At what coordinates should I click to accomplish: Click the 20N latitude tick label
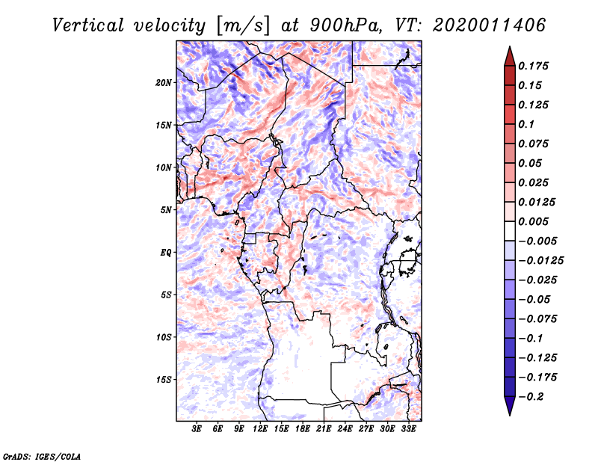coord(164,83)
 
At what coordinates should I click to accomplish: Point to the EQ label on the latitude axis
coord(165,253)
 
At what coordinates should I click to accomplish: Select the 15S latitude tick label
coord(164,380)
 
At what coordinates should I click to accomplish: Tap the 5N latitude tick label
coord(166,210)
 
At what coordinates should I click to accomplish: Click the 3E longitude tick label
coord(197,429)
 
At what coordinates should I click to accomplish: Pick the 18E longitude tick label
coord(303,429)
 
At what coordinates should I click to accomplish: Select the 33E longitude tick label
coord(408,429)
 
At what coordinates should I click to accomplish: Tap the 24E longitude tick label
coord(345,429)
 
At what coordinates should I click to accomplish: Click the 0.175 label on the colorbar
coord(533,66)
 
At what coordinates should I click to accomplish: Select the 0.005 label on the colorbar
coord(533,221)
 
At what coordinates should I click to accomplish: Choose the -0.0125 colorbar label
coord(540,261)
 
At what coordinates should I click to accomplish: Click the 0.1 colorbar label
coord(526,124)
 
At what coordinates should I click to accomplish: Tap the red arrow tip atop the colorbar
coord(510,47)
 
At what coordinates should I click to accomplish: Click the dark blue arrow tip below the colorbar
coord(510,414)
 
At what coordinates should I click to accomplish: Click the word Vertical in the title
coord(87,25)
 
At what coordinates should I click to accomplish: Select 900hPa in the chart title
coord(345,25)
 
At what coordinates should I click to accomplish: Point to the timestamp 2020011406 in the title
coord(489,25)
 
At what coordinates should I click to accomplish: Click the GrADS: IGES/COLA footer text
coord(41,457)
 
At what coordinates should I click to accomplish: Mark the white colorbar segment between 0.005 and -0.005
coord(510,231)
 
